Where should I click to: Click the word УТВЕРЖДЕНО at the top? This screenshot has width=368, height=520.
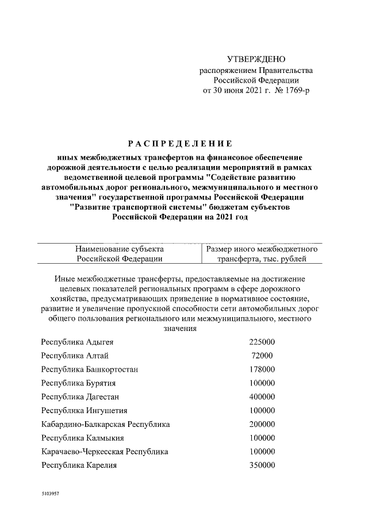pos(256,59)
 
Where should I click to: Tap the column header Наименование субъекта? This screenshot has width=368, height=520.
pos(119,254)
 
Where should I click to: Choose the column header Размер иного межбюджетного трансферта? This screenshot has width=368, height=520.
pos(262,254)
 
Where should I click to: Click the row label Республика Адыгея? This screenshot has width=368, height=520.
pos(76,342)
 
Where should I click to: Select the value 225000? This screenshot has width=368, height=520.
pos(262,342)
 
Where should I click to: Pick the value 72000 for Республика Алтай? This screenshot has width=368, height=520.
pos(261,356)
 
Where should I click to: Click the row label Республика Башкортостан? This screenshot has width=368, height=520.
pos(89,369)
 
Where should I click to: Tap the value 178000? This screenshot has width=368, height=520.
pos(262,369)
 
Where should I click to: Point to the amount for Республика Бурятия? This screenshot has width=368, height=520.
pos(262,383)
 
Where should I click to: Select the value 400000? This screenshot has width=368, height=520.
pos(262,397)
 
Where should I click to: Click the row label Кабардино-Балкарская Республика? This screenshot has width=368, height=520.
pos(105,425)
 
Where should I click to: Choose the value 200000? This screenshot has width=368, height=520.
pos(262,425)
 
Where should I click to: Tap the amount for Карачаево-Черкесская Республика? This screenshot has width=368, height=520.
pos(262,452)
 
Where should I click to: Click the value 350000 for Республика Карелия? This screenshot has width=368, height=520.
pos(262,465)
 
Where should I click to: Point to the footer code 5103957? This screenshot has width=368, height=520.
pos(51,494)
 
